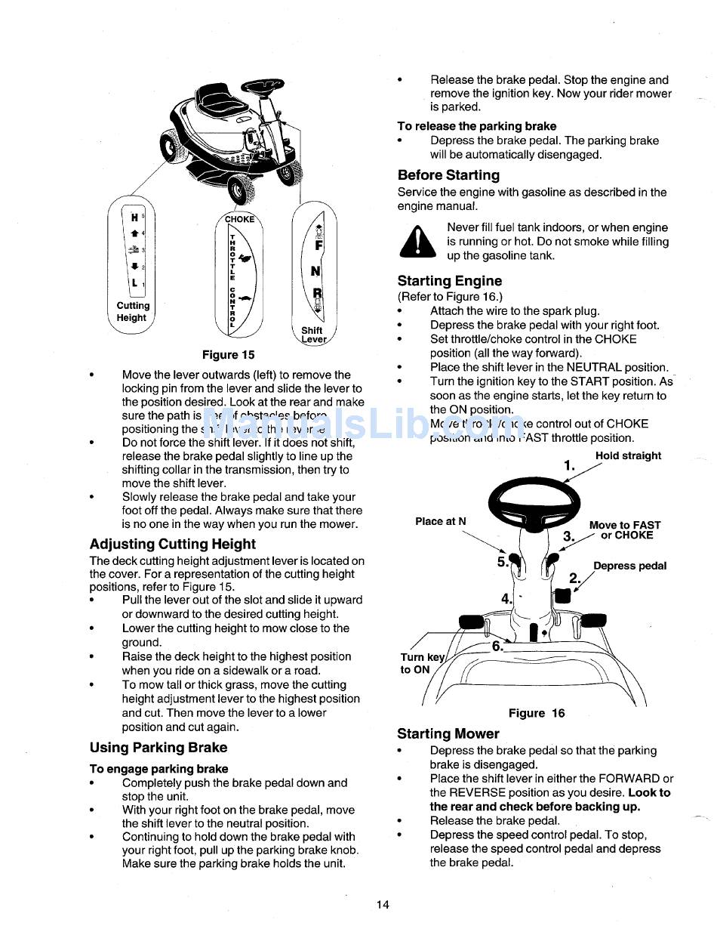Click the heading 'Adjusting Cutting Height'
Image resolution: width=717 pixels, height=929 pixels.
coord(172,544)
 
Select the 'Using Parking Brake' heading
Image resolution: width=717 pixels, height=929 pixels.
coord(158,748)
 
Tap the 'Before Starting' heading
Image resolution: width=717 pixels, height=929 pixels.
coord(448,175)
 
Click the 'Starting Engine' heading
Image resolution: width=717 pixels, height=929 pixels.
coord(449,281)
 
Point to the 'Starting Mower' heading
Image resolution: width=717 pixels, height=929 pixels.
coord(448,733)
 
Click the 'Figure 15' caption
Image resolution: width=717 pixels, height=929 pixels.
coord(228,354)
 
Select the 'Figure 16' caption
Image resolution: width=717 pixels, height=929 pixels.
coord(536,713)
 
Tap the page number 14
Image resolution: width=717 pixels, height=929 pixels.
coord(383,905)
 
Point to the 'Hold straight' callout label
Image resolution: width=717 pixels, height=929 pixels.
coord(628,455)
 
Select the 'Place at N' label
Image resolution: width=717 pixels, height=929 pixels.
coord(441,521)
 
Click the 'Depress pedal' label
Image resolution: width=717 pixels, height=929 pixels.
coord(629,566)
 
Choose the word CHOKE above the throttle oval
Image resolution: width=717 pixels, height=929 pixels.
coord(240,219)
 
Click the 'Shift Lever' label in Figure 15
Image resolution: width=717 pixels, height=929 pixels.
coord(313,335)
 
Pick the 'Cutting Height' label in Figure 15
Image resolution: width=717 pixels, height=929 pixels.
coord(133,312)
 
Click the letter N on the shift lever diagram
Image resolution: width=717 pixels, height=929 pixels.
coord(315,270)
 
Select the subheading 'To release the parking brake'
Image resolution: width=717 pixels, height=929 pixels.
coord(476,126)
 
